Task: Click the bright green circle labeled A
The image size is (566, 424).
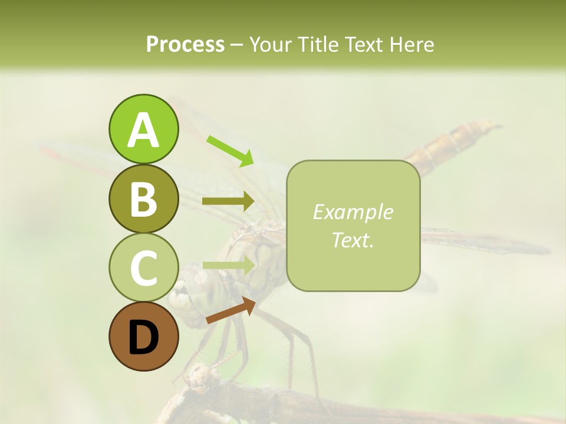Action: tap(143, 129)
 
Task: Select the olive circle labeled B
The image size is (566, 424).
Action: tap(143, 198)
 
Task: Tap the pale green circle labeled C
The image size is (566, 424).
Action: tap(143, 268)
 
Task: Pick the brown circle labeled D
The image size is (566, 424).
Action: tap(143, 337)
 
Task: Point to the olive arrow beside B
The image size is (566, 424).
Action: tap(228, 201)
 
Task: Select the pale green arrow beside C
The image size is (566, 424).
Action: tap(228, 266)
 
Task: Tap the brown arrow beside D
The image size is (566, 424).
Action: tap(231, 310)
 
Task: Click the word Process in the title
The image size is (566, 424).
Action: tap(185, 44)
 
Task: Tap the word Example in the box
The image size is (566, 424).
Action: tap(353, 212)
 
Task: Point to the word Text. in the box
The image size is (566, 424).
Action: tap(353, 240)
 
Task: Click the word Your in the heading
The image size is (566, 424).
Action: tap(271, 44)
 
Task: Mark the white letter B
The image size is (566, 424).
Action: tap(143, 198)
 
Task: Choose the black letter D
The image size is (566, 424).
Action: tap(143, 337)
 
